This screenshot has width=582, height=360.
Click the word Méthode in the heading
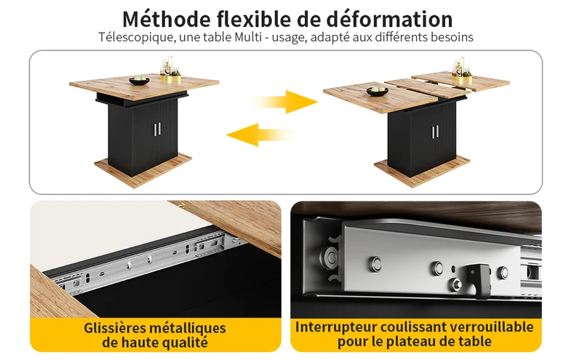pos(166,20)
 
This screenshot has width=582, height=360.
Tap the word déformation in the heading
pos(389,20)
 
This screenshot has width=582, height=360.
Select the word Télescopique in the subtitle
pos(137,38)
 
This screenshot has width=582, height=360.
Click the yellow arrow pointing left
pos(260,135)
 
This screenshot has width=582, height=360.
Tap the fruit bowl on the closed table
pos(139,80)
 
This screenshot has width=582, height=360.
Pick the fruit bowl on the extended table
pos(377,91)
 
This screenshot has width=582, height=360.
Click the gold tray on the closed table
pos(170,77)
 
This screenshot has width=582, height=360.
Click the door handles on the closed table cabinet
pos(157,129)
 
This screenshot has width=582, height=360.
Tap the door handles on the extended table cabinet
pos(435,132)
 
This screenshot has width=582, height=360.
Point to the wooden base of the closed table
pos(143,170)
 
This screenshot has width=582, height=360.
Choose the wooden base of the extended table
pos(422,172)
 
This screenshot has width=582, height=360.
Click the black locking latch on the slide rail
pos(479,280)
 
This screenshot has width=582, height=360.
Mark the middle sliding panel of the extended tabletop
pos(426,88)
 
